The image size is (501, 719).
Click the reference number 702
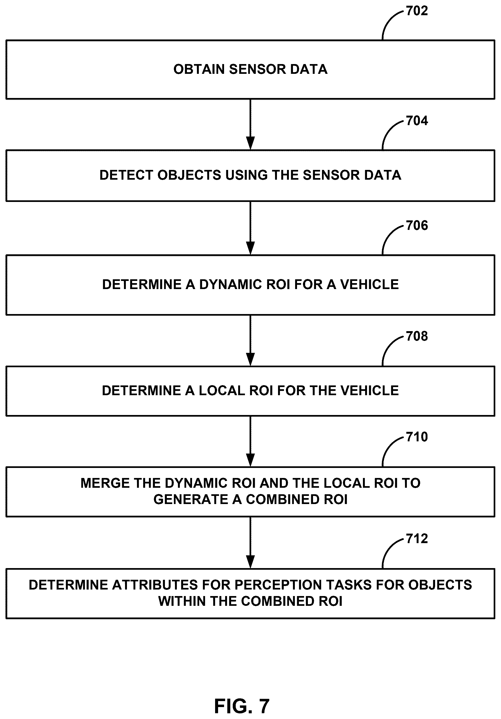[x=417, y=11]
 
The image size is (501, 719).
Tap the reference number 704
[x=417, y=121]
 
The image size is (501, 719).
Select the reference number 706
[x=417, y=226]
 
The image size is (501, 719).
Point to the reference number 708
[x=417, y=336]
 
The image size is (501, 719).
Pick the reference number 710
[x=417, y=437]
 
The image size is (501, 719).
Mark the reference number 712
[x=417, y=539]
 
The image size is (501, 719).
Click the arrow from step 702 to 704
[x=250, y=125]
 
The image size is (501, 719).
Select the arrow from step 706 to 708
[x=250, y=340]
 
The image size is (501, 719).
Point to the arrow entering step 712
[x=250, y=543]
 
